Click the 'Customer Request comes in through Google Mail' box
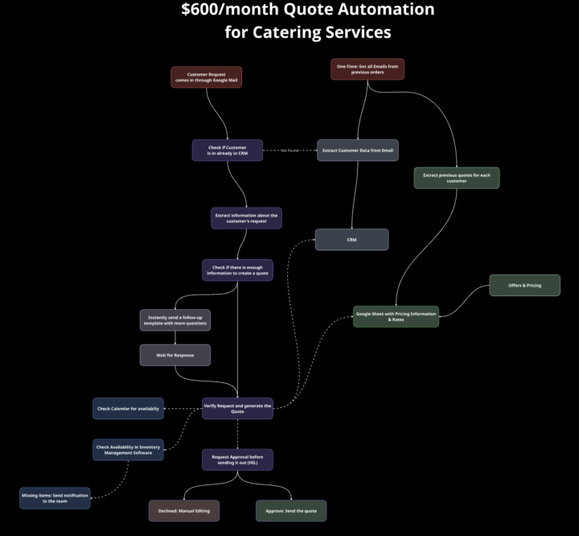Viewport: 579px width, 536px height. [206, 76]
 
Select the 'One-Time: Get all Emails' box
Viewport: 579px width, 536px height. [368, 69]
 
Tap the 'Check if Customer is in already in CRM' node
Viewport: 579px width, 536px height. [227, 150]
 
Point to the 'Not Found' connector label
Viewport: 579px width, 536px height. [289, 150]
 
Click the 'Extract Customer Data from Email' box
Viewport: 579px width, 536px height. [357, 150]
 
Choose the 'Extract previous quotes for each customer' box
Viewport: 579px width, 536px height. [457, 178]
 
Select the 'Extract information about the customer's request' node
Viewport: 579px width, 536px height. [246, 218]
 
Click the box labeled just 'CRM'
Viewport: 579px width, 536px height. [351, 239]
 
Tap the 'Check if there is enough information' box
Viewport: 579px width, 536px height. [237, 270]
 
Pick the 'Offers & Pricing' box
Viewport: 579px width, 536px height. [524, 285]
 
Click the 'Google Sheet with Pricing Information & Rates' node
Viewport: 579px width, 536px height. [396, 316]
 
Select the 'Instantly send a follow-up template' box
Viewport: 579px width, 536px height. [175, 320]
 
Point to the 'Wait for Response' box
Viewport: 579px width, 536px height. [175, 355]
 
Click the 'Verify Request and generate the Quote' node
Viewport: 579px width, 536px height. [237, 408]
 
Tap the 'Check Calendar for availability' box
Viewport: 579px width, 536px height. [128, 408]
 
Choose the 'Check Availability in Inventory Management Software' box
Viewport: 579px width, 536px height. [128, 450]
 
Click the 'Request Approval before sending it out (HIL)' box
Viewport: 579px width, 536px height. [237, 460]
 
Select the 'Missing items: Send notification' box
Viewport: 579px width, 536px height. [55, 497]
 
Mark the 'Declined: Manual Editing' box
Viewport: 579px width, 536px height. [183, 511]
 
